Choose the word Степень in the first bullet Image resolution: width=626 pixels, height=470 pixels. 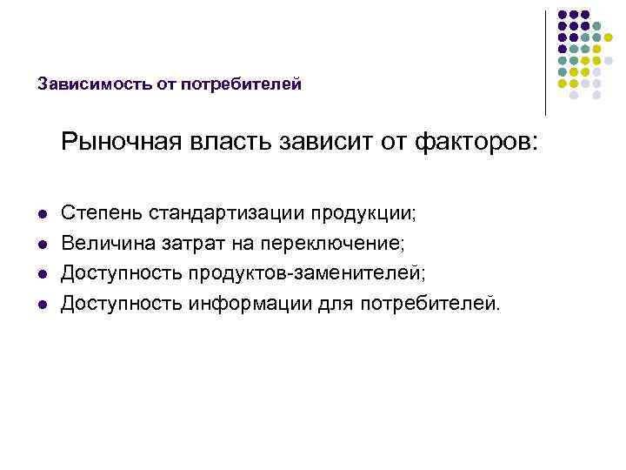102,213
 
